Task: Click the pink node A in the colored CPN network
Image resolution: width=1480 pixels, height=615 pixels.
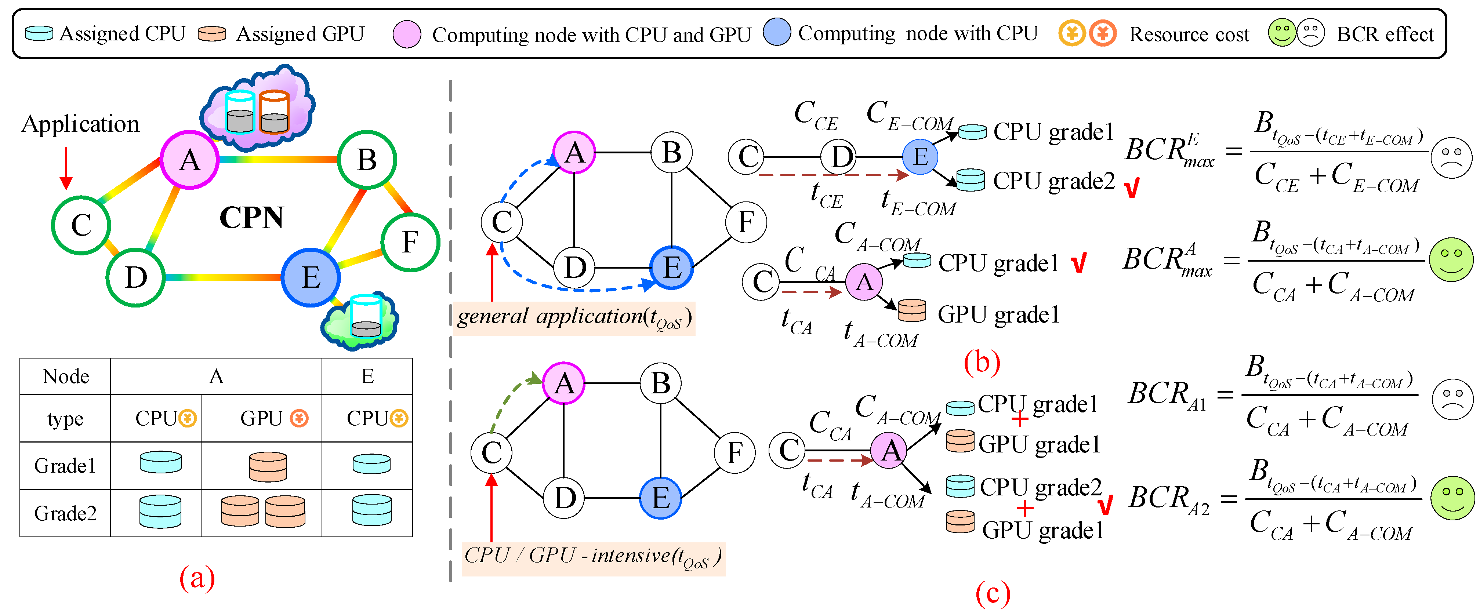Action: [x=189, y=160]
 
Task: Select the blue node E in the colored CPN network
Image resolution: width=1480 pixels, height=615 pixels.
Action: [x=311, y=277]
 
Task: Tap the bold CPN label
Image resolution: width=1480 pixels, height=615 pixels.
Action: [x=252, y=218]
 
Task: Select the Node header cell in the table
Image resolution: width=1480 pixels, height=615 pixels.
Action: [x=65, y=377]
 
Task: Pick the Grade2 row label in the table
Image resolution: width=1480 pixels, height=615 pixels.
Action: [x=65, y=513]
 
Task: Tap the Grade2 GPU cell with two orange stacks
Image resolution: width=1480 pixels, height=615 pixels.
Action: [x=262, y=511]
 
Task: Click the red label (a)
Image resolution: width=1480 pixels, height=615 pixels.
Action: [x=197, y=577]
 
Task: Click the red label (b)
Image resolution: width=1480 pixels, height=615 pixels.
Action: [x=981, y=362]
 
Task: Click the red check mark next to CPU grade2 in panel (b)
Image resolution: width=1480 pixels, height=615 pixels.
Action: [x=1131, y=188]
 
